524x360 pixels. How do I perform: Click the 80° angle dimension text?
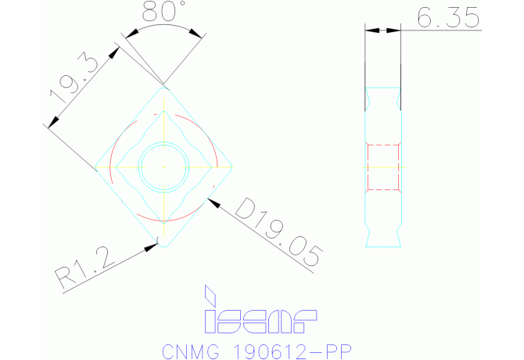pos(164,12)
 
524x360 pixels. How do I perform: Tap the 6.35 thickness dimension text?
pos(448,17)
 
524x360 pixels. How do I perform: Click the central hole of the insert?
pos(163,167)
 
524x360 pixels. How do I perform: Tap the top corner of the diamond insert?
pos(163,88)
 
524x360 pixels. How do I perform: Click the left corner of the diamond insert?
pos(96,167)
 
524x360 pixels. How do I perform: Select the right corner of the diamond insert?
pos(231,167)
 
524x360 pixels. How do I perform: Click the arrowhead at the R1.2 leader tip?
pos(152,247)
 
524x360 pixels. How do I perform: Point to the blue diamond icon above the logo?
pos(210,295)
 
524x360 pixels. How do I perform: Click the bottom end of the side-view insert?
pos(383,245)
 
